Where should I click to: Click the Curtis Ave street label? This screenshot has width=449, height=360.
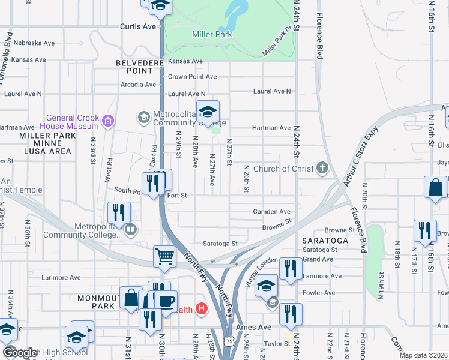[x=137, y=26]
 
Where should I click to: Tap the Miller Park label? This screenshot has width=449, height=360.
[x=212, y=35]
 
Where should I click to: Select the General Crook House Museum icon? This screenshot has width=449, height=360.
[x=108, y=122]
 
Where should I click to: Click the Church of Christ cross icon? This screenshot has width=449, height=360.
[x=323, y=168]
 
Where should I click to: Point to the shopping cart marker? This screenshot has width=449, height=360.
[x=165, y=257]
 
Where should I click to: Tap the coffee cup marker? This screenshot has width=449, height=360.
[x=166, y=301]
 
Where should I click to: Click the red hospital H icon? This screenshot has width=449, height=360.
[x=202, y=310]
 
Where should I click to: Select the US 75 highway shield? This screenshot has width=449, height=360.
[x=229, y=341]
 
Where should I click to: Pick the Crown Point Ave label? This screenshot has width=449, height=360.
[x=192, y=77]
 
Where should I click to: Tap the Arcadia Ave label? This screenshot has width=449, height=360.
[x=139, y=85]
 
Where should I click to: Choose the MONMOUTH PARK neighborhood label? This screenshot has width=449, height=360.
[x=95, y=302]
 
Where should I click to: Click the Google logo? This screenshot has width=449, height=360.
[x=20, y=353]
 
